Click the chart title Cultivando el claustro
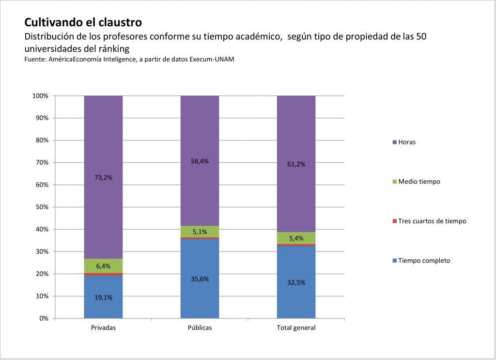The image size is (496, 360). (83, 22)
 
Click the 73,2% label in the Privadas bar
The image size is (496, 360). (103, 177)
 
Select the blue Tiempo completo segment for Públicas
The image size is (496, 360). (200, 291)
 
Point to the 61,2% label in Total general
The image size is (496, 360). (296, 164)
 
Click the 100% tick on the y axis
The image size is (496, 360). (41, 96)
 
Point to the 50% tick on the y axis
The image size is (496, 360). (42, 207)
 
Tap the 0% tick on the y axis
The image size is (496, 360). (44, 318)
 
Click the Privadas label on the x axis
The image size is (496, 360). (103, 328)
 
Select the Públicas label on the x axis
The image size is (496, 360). (200, 328)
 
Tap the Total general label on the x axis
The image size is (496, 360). (296, 328)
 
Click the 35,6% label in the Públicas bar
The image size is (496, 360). (200, 279)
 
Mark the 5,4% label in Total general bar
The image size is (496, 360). (296, 238)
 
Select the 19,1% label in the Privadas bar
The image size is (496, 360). (103, 297)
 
